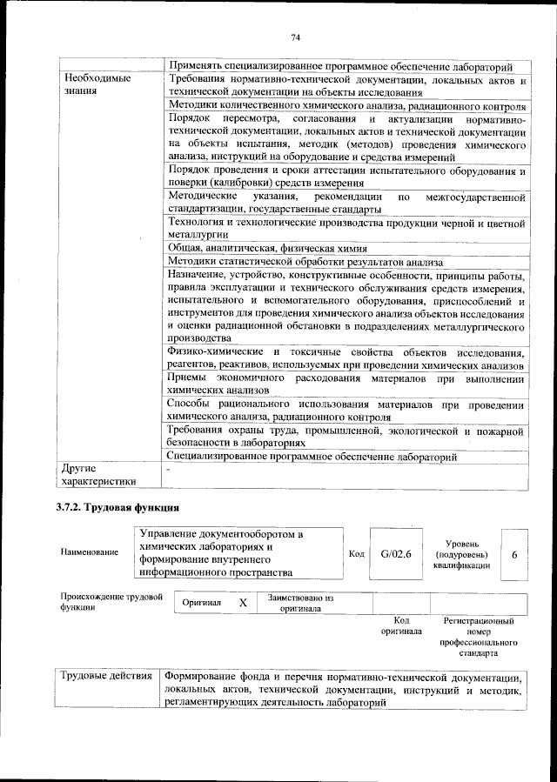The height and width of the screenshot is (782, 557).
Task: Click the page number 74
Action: coord(295,37)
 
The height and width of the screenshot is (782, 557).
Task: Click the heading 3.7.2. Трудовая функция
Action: coord(117,506)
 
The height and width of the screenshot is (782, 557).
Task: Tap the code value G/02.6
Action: coord(395,553)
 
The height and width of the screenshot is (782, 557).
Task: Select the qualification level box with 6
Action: coord(514,553)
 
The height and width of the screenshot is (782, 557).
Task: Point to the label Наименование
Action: coord(90,553)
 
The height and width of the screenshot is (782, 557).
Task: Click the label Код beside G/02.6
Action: coord(356,553)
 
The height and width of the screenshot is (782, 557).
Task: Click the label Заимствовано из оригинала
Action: coord(300,604)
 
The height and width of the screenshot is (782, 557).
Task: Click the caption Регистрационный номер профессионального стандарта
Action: coord(479,636)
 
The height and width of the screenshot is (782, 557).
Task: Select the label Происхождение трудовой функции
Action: coord(111,602)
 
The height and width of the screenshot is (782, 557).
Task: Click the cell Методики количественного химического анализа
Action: coord(346,105)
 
